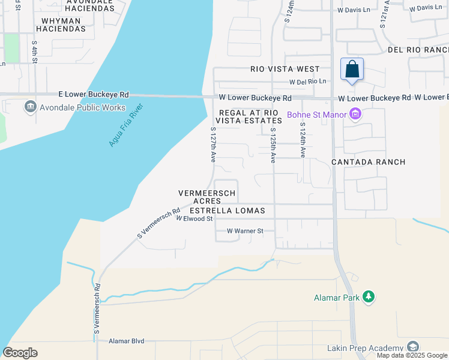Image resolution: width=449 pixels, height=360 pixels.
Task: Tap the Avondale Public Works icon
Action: point(29,107)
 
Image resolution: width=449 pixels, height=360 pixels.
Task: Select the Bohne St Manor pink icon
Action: point(355,113)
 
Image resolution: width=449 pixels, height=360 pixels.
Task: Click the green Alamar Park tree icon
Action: point(369,297)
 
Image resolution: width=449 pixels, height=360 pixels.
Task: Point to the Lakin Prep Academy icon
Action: point(412,347)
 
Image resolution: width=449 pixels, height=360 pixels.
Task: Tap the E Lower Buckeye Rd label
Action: point(94,95)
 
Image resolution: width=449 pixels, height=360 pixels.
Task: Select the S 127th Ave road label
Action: point(212,145)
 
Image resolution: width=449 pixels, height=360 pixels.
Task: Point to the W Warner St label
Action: point(245,231)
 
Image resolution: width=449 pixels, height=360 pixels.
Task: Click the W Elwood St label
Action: point(194,219)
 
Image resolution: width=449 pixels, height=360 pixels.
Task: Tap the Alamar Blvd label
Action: point(127,341)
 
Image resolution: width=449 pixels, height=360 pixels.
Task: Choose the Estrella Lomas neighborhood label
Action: point(223,211)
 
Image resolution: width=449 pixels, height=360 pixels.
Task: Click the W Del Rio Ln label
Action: point(308,82)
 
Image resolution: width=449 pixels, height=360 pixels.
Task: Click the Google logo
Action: point(20,353)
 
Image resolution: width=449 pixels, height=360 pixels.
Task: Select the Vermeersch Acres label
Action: point(207,197)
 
